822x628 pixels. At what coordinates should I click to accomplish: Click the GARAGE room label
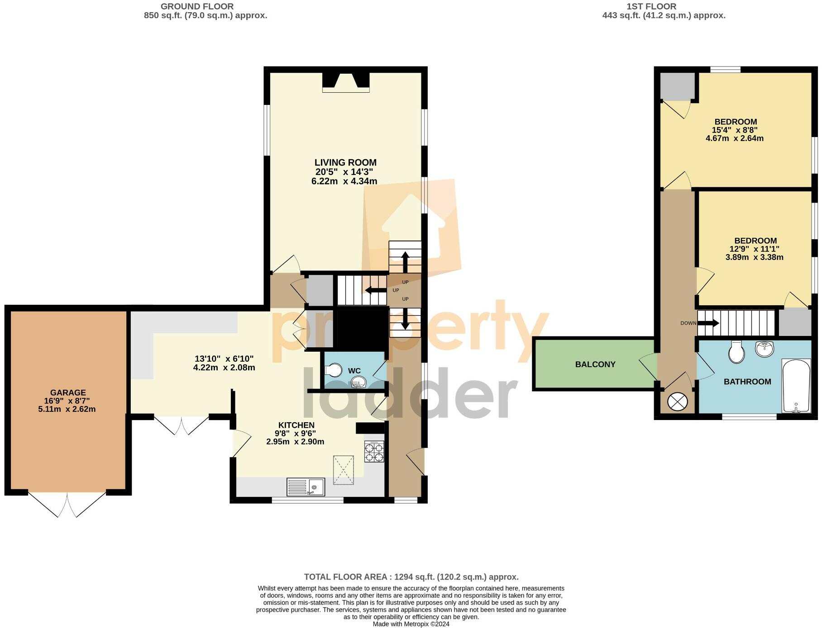coord(68,392)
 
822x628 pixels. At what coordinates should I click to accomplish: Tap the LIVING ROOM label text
coord(345,162)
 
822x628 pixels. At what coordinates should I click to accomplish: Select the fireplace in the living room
coord(346,83)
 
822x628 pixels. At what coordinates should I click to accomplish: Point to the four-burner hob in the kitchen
coord(374,452)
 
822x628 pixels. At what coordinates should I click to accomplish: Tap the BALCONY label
coord(595,364)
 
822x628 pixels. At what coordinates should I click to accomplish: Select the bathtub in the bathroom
coord(796,386)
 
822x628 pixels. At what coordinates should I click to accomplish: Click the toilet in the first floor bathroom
coord(736,352)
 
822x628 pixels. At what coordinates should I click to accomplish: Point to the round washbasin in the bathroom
coord(765,348)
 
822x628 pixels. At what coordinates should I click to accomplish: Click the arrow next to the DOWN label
coord(708,323)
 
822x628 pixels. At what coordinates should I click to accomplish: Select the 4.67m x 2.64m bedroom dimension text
coord(734,138)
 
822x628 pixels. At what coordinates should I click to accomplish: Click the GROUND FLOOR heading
coord(197,6)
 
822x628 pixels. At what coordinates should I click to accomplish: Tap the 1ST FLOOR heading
coord(651,6)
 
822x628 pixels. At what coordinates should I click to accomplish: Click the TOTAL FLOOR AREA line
coord(411,577)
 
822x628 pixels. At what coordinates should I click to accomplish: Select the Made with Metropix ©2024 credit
coord(411,624)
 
